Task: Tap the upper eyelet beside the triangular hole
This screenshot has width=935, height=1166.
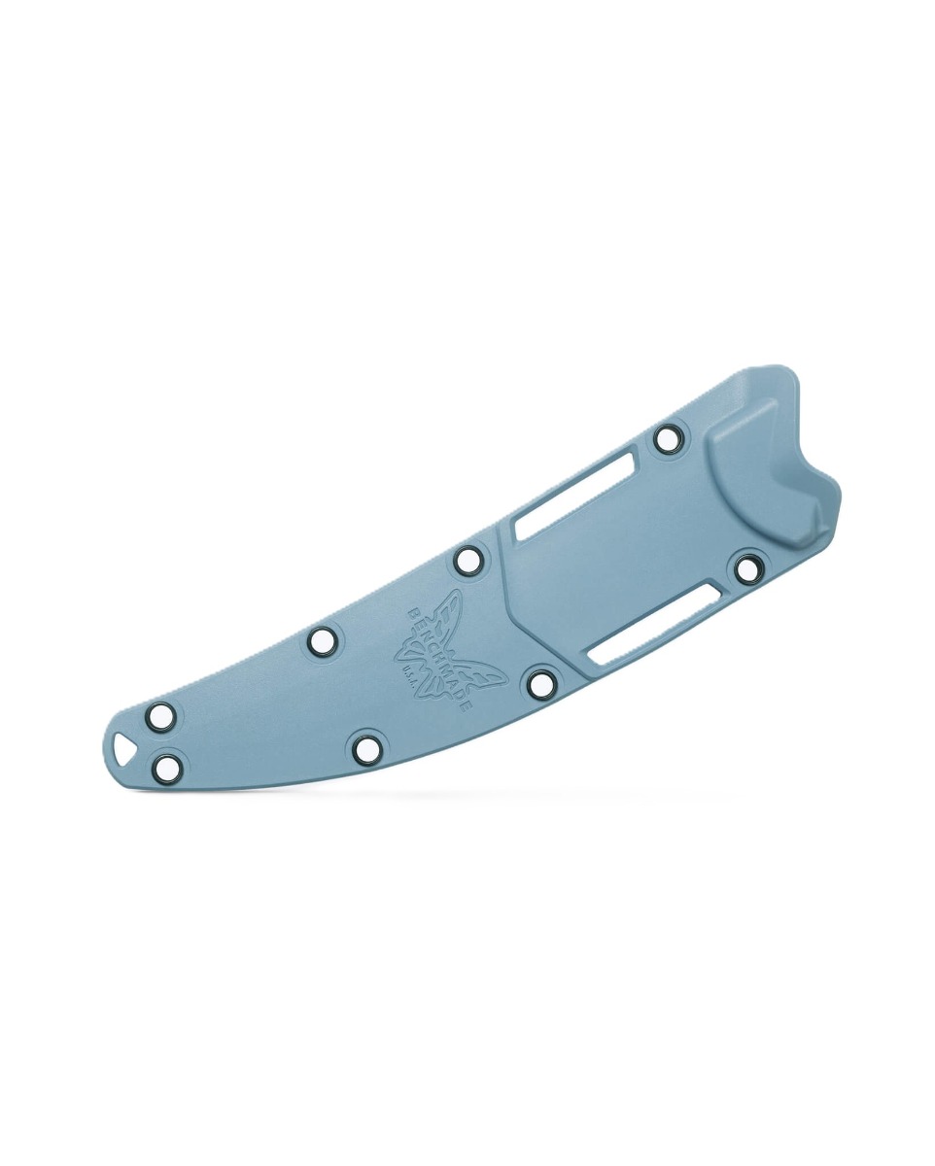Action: click(x=162, y=717)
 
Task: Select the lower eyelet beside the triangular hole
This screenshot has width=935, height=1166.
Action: click(x=168, y=768)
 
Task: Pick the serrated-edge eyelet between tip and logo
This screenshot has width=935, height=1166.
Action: click(x=323, y=639)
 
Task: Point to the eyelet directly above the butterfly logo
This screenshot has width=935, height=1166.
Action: click(x=467, y=559)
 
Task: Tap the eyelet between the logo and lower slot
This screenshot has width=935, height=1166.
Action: click(x=540, y=682)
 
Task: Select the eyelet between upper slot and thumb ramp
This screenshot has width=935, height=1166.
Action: click(x=667, y=438)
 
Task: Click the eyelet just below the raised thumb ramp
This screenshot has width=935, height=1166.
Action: click(x=748, y=568)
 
